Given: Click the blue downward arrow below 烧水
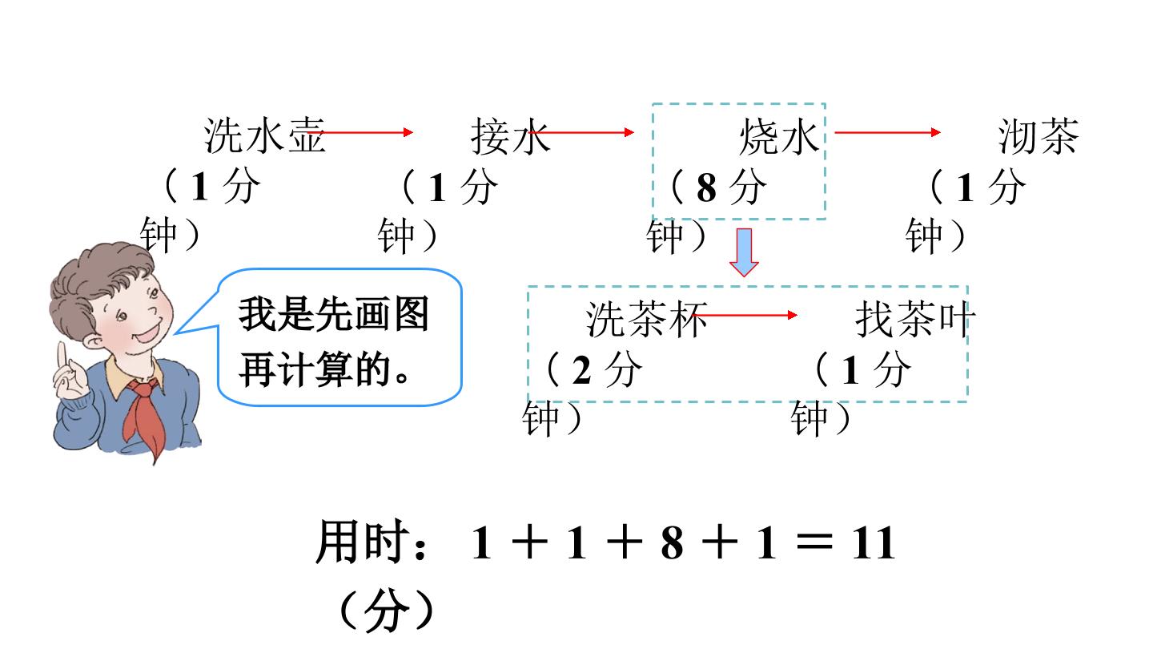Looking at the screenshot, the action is click(744, 252).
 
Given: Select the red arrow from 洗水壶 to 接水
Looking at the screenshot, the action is click(360, 132).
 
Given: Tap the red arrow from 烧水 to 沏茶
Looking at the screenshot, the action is click(887, 132).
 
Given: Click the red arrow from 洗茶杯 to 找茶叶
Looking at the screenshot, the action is click(745, 315).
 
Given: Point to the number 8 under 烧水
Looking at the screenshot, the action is click(706, 187).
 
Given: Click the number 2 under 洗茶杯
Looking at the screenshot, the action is click(581, 370).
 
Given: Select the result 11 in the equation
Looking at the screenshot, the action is click(874, 543).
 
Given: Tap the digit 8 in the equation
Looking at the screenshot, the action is click(673, 543).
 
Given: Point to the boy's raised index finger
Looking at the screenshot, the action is click(62, 357).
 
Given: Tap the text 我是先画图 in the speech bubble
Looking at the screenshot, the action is click(334, 314).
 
